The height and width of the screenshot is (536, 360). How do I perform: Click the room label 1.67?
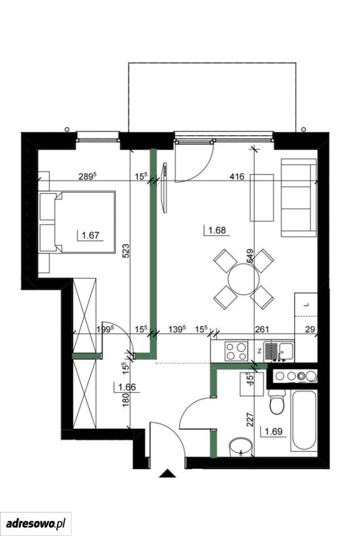91,235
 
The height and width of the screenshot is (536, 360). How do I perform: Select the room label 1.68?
217,230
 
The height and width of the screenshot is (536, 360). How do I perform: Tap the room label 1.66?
127,387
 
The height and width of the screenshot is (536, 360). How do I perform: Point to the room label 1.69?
273,432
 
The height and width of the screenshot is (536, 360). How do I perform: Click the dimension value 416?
237,177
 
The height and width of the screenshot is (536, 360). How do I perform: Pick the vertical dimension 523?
126,251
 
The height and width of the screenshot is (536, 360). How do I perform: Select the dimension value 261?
262,329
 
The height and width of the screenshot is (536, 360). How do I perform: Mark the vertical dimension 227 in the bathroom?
249,420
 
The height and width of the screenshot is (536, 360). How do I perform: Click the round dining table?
243,279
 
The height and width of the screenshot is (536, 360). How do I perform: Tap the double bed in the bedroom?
77,222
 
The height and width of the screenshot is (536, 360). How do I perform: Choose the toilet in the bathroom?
277,401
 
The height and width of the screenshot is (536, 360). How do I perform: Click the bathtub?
304,421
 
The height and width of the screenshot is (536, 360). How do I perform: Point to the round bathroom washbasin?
241,447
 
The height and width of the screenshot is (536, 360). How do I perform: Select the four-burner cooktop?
236,351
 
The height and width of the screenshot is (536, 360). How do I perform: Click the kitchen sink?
280,351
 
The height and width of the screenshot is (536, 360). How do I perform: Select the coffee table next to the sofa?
262,198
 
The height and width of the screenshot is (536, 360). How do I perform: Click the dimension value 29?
310,329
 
